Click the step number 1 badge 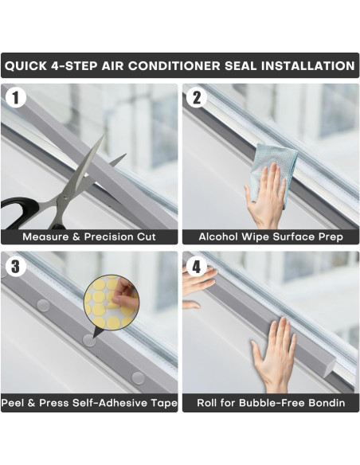click(x=14, y=97)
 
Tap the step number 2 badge click(x=196, y=97)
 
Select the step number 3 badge click(x=14, y=265)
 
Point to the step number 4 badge click(x=196, y=265)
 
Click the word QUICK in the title click(x=30, y=65)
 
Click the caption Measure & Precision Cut click(x=89, y=236)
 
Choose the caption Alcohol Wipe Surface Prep click(x=271, y=236)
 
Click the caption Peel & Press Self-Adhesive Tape click(x=89, y=403)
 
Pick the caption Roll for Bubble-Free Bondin click(x=271, y=403)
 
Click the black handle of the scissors click(x=24, y=213)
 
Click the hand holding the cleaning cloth click(x=266, y=199)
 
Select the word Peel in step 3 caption click(x=15, y=403)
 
